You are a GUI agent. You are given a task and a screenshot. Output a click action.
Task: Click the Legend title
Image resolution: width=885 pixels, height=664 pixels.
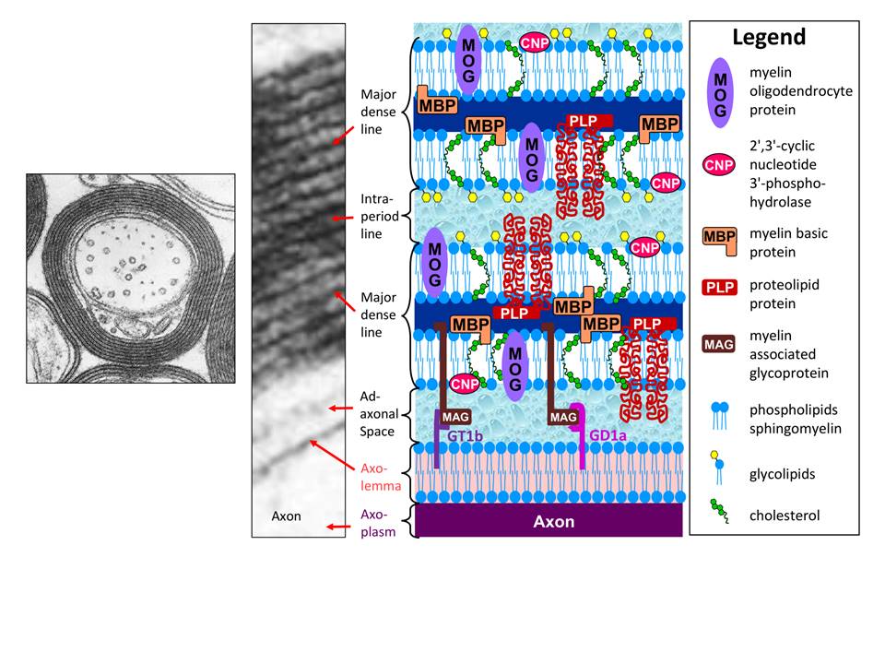pyautogui.click(x=769, y=38)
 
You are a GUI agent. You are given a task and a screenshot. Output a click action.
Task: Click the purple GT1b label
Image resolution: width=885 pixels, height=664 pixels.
pyautogui.click(x=466, y=433)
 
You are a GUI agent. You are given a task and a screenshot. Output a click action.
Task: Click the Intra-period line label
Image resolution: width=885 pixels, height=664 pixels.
pyautogui.click(x=378, y=216)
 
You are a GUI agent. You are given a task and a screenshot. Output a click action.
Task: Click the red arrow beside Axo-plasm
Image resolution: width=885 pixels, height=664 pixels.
pyautogui.click(x=337, y=527)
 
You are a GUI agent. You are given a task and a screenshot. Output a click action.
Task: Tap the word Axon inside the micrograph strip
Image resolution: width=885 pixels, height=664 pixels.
pyautogui.click(x=286, y=516)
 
